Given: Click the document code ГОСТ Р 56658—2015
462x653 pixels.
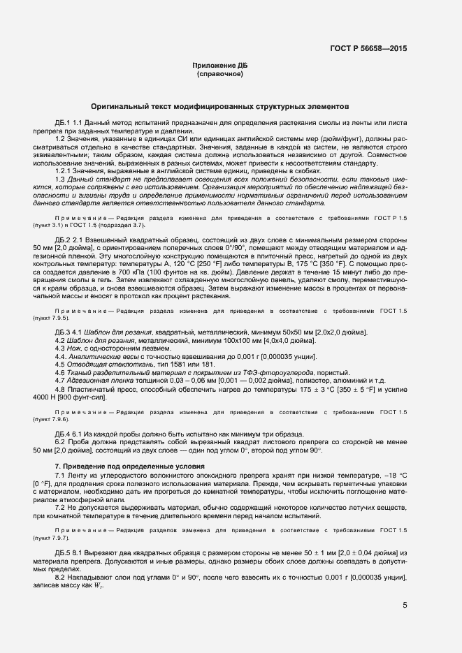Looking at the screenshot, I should tap(368, 48).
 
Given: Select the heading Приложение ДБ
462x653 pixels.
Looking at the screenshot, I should tap(219, 66).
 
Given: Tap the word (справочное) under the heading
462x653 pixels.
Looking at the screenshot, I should tap(219, 73).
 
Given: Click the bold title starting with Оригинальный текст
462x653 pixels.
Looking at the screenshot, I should tap(219, 107).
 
